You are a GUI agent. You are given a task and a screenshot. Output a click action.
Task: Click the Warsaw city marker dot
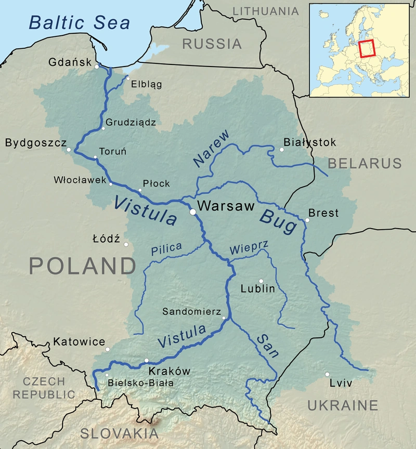pyautogui.click(x=192, y=212)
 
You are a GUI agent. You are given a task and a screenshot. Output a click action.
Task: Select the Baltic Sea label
pyautogui.click(x=79, y=22)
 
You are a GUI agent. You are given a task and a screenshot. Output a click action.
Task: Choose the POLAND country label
pyautogui.click(x=82, y=266)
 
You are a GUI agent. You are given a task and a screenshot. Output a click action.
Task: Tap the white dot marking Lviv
pyautogui.click(x=327, y=374)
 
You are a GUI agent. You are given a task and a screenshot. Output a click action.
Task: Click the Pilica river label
pyautogui.click(x=166, y=249)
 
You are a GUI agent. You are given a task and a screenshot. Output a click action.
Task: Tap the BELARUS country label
pyautogui.click(x=365, y=163)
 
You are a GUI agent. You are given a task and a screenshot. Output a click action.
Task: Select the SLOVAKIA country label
pyautogui.click(x=119, y=433)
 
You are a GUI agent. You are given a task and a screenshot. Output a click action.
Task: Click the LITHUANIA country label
pyautogui.click(x=266, y=11)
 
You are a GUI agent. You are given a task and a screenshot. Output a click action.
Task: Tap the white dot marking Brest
pyautogui.click(x=307, y=220)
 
